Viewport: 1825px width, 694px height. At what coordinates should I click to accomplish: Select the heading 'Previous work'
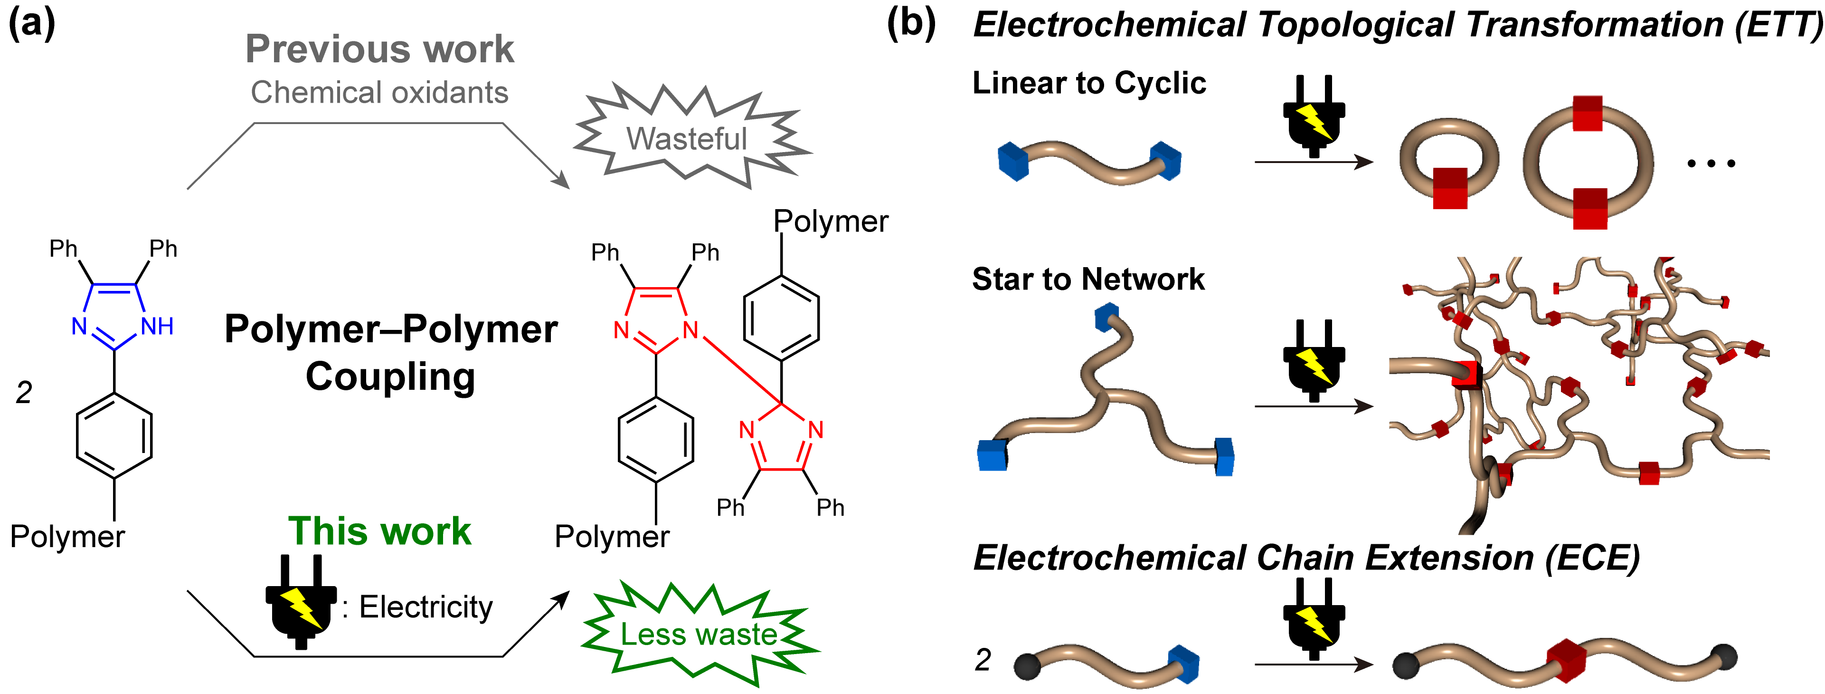(x=380, y=49)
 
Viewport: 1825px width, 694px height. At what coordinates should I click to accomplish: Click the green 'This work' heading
(x=380, y=531)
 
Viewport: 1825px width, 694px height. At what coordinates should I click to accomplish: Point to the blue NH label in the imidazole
(x=157, y=327)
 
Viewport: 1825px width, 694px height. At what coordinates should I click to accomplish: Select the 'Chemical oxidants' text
(x=380, y=92)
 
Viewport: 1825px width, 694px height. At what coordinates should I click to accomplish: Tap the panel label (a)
(x=31, y=23)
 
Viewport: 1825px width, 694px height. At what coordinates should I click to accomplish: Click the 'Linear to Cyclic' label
(x=1089, y=83)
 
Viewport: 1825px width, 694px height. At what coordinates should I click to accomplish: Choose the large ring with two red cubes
(x=1589, y=163)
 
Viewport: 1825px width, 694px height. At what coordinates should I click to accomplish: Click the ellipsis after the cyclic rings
(x=1711, y=164)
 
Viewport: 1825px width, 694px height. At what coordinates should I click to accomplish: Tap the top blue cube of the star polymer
(x=1106, y=317)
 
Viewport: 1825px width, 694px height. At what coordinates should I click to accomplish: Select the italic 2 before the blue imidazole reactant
(x=24, y=393)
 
